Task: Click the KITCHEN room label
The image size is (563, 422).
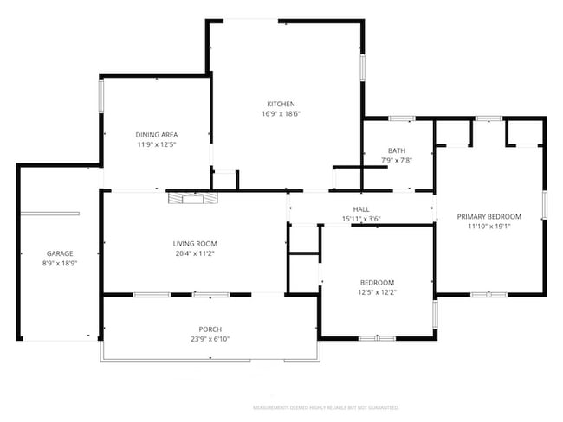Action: tap(281, 104)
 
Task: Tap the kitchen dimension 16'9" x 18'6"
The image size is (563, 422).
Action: tap(281, 114)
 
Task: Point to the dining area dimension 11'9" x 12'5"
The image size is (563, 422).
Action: tap(157, 144)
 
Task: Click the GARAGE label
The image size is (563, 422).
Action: tap(60, 253)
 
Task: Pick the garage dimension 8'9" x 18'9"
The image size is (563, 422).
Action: tap(60, 264)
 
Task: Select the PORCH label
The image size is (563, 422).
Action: tap(209, 329)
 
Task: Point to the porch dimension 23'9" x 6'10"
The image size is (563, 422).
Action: tap(209, 340)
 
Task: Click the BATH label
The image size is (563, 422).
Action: tap(397, 150)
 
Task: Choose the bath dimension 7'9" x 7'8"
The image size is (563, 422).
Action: tap(397, 160)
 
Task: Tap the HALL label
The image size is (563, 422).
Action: tap(361, 209)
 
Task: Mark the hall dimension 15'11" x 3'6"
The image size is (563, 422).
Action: tap(361, 219)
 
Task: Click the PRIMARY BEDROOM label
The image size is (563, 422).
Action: tap(489, 216)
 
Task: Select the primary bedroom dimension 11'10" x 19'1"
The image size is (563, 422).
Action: tap(489, 227)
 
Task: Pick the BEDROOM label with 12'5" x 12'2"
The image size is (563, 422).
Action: tap(377, 283)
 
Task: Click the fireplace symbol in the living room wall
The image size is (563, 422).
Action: tap(187, 198)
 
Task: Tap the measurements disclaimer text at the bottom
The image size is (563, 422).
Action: tap(325, 406)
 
